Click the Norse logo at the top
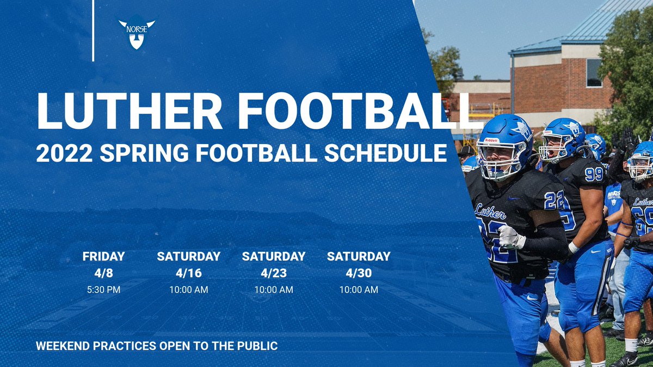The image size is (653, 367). click(x=137, y=34)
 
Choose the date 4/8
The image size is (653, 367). click(x=103, y=273)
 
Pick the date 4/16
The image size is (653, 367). click(x=188, y=273)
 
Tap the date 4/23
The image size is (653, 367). click(x=273, y=273)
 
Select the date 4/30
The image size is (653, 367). click(x=358, y=273)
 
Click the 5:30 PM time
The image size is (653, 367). click(x=103, y=290)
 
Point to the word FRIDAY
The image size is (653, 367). click(x=103, y=256)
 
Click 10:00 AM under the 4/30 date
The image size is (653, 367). click(x=358, y=290)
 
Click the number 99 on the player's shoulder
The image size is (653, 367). click(x=594, y=174)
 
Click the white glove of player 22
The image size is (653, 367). click(x=511, y=237)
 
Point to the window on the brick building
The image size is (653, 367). click(x=594, y=73)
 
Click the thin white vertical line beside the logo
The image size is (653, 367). click(x=93, y=30)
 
